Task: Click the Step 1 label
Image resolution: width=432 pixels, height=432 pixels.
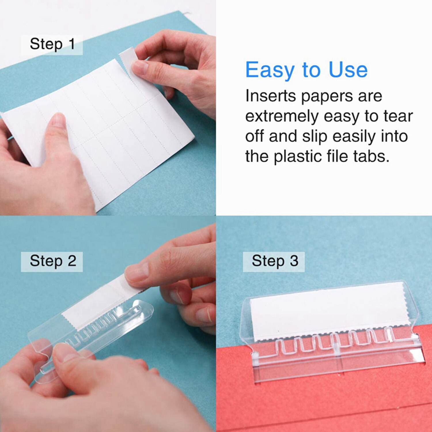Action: pyautogui.click(x=52, y=44)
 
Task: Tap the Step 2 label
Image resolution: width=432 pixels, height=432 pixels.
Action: pyautogui.click(x=53, y=261)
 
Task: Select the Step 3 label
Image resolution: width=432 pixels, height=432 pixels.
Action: pyautogui.click(x=275, y=261)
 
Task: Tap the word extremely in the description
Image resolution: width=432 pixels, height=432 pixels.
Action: pyautogui.click(x=281, y=117)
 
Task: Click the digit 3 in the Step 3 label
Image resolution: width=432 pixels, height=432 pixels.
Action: pyautogui.click(x=294, y=261)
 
